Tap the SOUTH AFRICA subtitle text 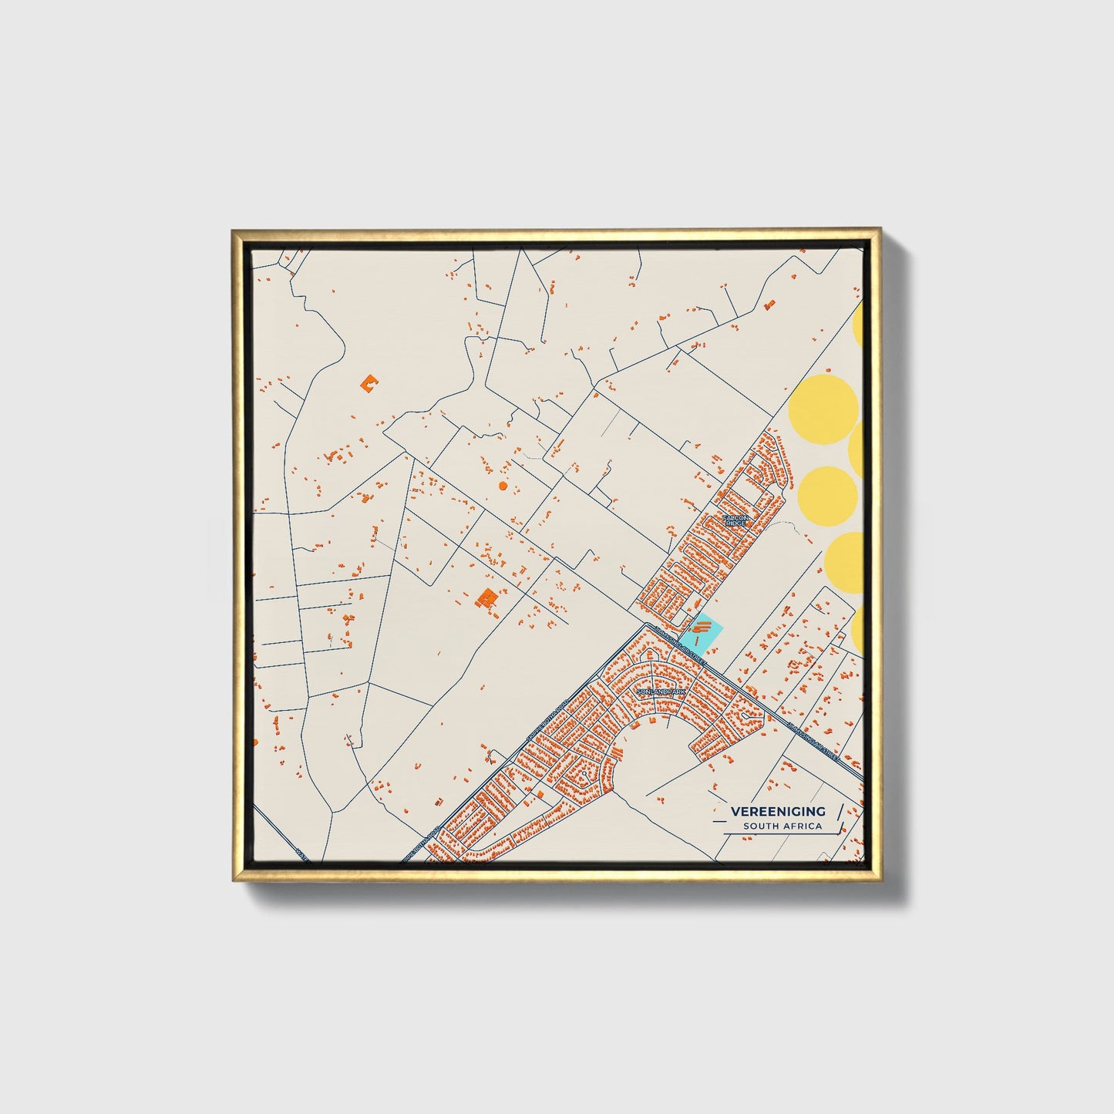(x=782, y=826)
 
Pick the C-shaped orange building (x=371, y=382)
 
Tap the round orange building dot (x=503, y=486)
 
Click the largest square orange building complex (x=486, y=597)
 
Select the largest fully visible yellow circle (x=823, y=406)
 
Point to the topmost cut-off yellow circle (x=858, y=325)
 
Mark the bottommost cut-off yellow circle (x=858, y=631)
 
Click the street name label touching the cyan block (x=678, y=645)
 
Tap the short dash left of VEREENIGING (x=719, y=811)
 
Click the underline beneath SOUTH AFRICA (x=779, y=834)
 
